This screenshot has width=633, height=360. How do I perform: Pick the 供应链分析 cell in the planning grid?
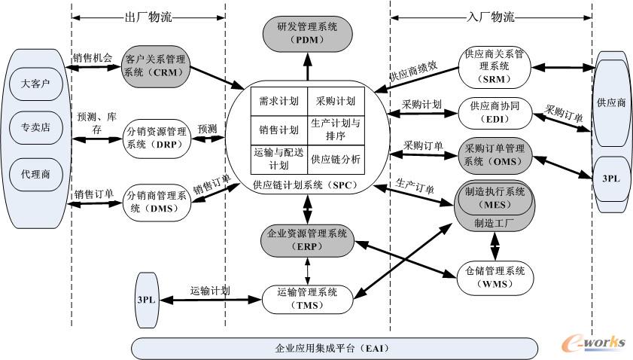click(x=336, y=159)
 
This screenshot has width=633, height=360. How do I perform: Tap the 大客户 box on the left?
click(x=35, y=83)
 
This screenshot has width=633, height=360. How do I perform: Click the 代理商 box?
click(x=35, y=174)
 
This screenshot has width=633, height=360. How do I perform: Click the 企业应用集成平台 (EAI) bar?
click(x=309, y=349)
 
